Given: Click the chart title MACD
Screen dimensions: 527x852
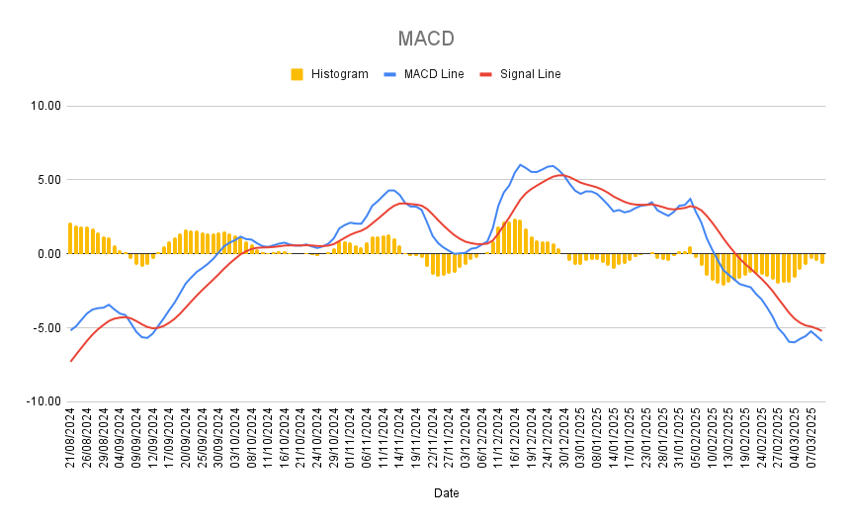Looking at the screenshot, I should point(425,39).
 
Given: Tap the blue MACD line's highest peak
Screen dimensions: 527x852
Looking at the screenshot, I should point(520,164).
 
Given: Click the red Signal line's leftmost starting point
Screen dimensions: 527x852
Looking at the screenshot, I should point(70,361).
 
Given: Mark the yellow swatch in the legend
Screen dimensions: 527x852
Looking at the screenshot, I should point(297,74).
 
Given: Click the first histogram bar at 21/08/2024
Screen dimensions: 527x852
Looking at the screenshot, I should point(70,238).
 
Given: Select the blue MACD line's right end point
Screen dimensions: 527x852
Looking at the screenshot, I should point(821,340).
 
